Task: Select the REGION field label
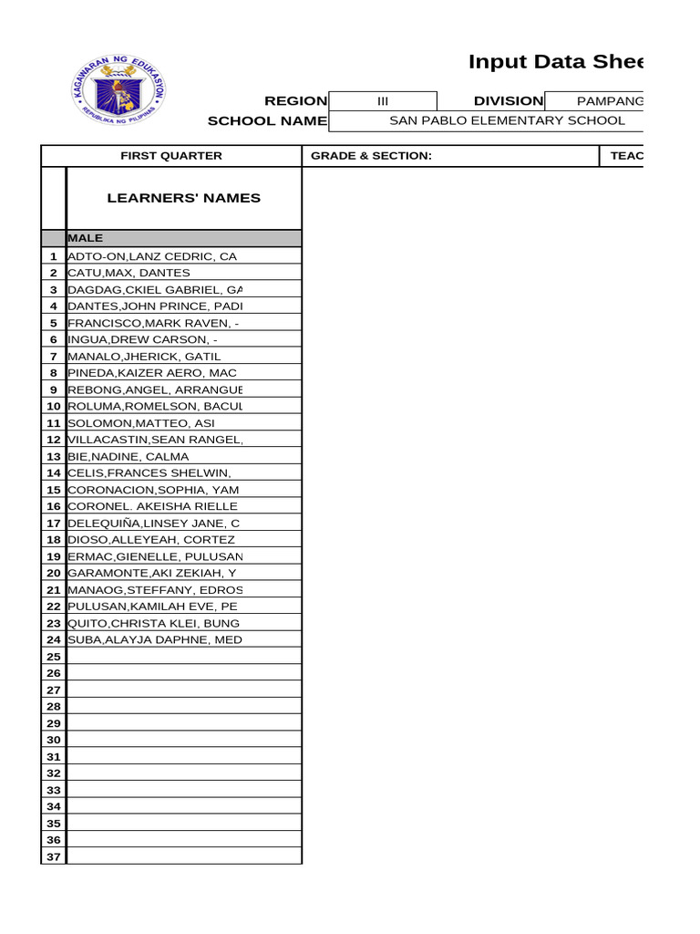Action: [x=295, y=101]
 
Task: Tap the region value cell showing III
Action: [x=383, y=101]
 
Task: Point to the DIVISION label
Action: [x=508, y=101]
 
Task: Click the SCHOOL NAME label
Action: [x=267, y=120]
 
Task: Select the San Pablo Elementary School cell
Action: [x=507, y=120]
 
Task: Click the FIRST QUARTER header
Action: [x=171, y=156]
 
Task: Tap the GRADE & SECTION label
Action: [x=371, y=156]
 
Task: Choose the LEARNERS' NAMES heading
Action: [x=183, y=198]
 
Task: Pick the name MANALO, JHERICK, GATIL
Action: [x=144, y=357]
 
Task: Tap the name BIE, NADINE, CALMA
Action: [x=129, y=456]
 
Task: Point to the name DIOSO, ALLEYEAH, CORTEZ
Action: [x=151, y=540]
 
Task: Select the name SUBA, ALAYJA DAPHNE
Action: [x=156, y=639]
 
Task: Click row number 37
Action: [x=54, y=856]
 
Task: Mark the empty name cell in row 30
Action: [x=183, y=740]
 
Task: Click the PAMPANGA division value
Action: [x=610, y=101]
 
